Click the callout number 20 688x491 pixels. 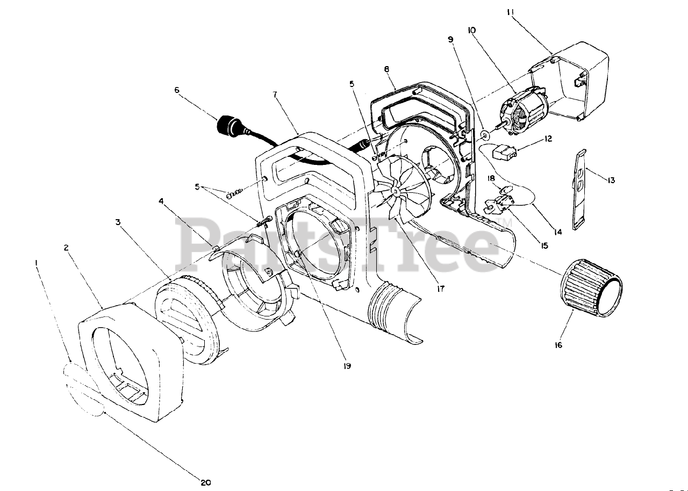(x=204, y=482)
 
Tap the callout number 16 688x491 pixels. (x=558, y=345)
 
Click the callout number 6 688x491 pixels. (x=177, y=90)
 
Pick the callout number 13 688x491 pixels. (x=611, y=180)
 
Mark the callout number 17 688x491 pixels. (x=440, y=288)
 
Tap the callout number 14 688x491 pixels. (x=558, y=232)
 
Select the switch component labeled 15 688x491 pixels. (x=499, y=205)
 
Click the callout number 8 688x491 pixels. (x=386, y=69)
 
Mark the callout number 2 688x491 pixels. (x=66, y=248)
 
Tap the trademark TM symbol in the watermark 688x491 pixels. (x=504, y=222)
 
